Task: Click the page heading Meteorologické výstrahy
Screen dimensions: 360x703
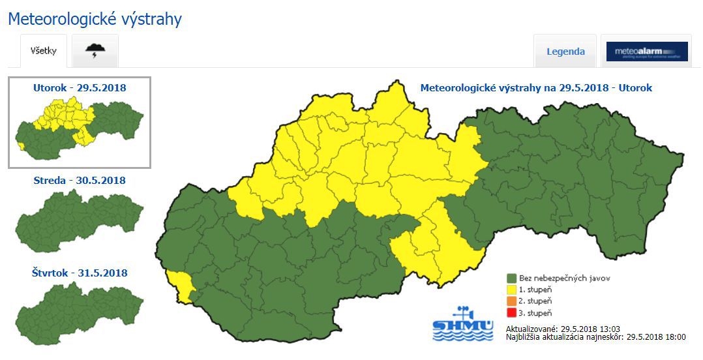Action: [x=95, y=19]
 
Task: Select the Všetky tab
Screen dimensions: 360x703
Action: [x=44, y=52]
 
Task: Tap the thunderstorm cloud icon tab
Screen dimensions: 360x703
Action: [x=95, y=52]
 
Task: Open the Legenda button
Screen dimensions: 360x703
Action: [x=565, y=52]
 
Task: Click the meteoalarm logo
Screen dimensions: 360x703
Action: [x=646, y=52]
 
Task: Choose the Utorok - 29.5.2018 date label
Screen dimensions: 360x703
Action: [x=80, y=87]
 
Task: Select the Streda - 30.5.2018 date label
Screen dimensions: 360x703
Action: [x=80, y=180]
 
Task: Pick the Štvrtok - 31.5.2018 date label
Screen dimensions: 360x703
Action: [x=80, y=273]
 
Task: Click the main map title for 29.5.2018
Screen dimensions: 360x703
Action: [x=536, y=87]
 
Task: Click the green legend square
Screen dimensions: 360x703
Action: [x=512, y=278]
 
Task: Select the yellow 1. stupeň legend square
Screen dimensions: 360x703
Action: [x=512, y=290]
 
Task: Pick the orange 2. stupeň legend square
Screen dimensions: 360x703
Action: [x=512, y=301]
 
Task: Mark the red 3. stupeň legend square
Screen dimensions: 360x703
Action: [x=512, y=312]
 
